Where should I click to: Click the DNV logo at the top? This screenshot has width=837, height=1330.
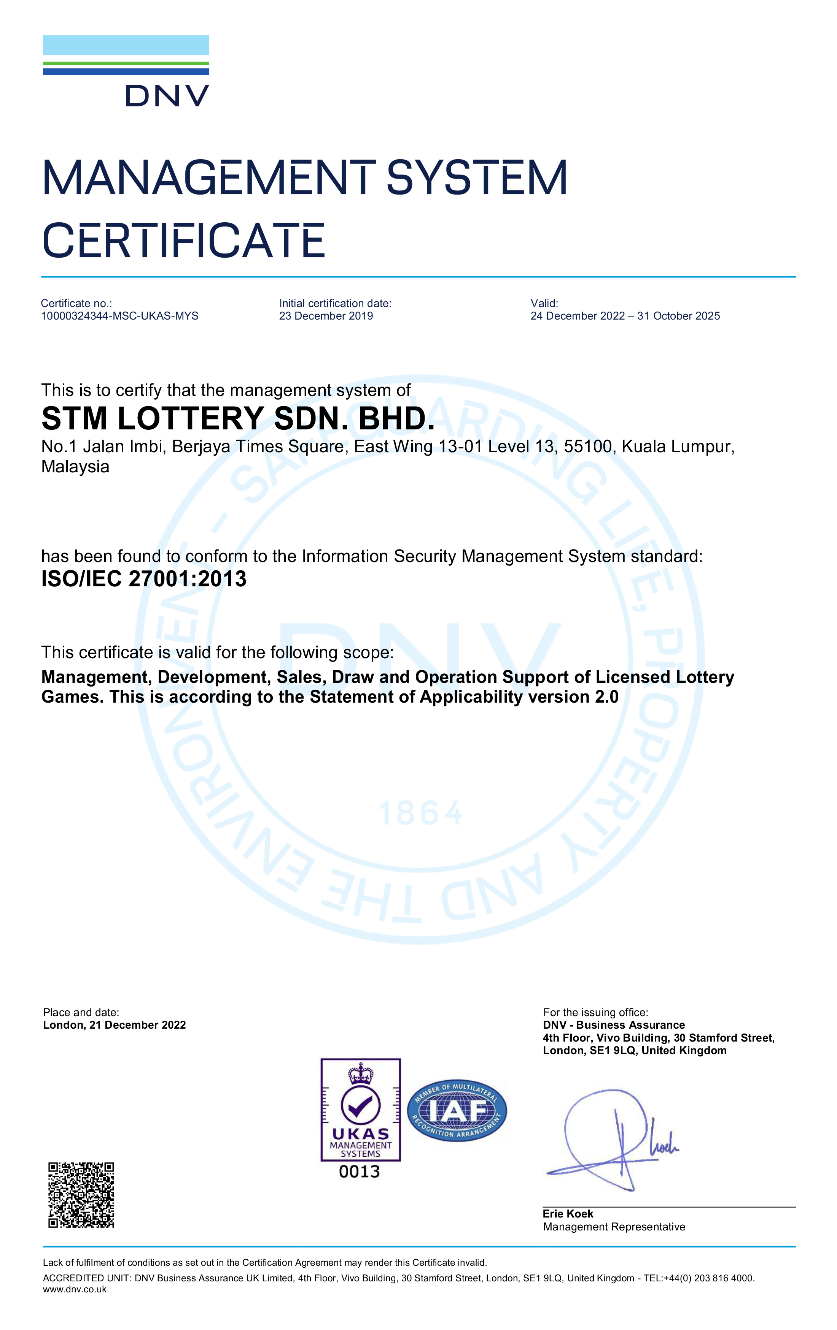[126, 71]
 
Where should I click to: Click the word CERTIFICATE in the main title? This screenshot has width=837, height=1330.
[183, 241]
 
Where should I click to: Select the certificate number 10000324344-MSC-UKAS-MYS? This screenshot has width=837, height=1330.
[119, 316]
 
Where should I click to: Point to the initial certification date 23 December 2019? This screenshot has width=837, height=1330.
[326, 316]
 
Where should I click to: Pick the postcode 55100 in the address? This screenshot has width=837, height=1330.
[588, 446]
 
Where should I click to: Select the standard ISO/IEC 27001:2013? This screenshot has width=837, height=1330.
[144, 579]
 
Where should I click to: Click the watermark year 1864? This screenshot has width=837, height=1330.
[420, 814]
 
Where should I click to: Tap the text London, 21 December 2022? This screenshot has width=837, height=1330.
[115, 1025]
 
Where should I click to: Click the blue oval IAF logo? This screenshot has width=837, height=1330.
[457, 1111]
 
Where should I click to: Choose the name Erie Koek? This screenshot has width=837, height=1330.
[568, 1214]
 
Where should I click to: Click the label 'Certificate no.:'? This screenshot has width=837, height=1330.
[76, 303]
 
